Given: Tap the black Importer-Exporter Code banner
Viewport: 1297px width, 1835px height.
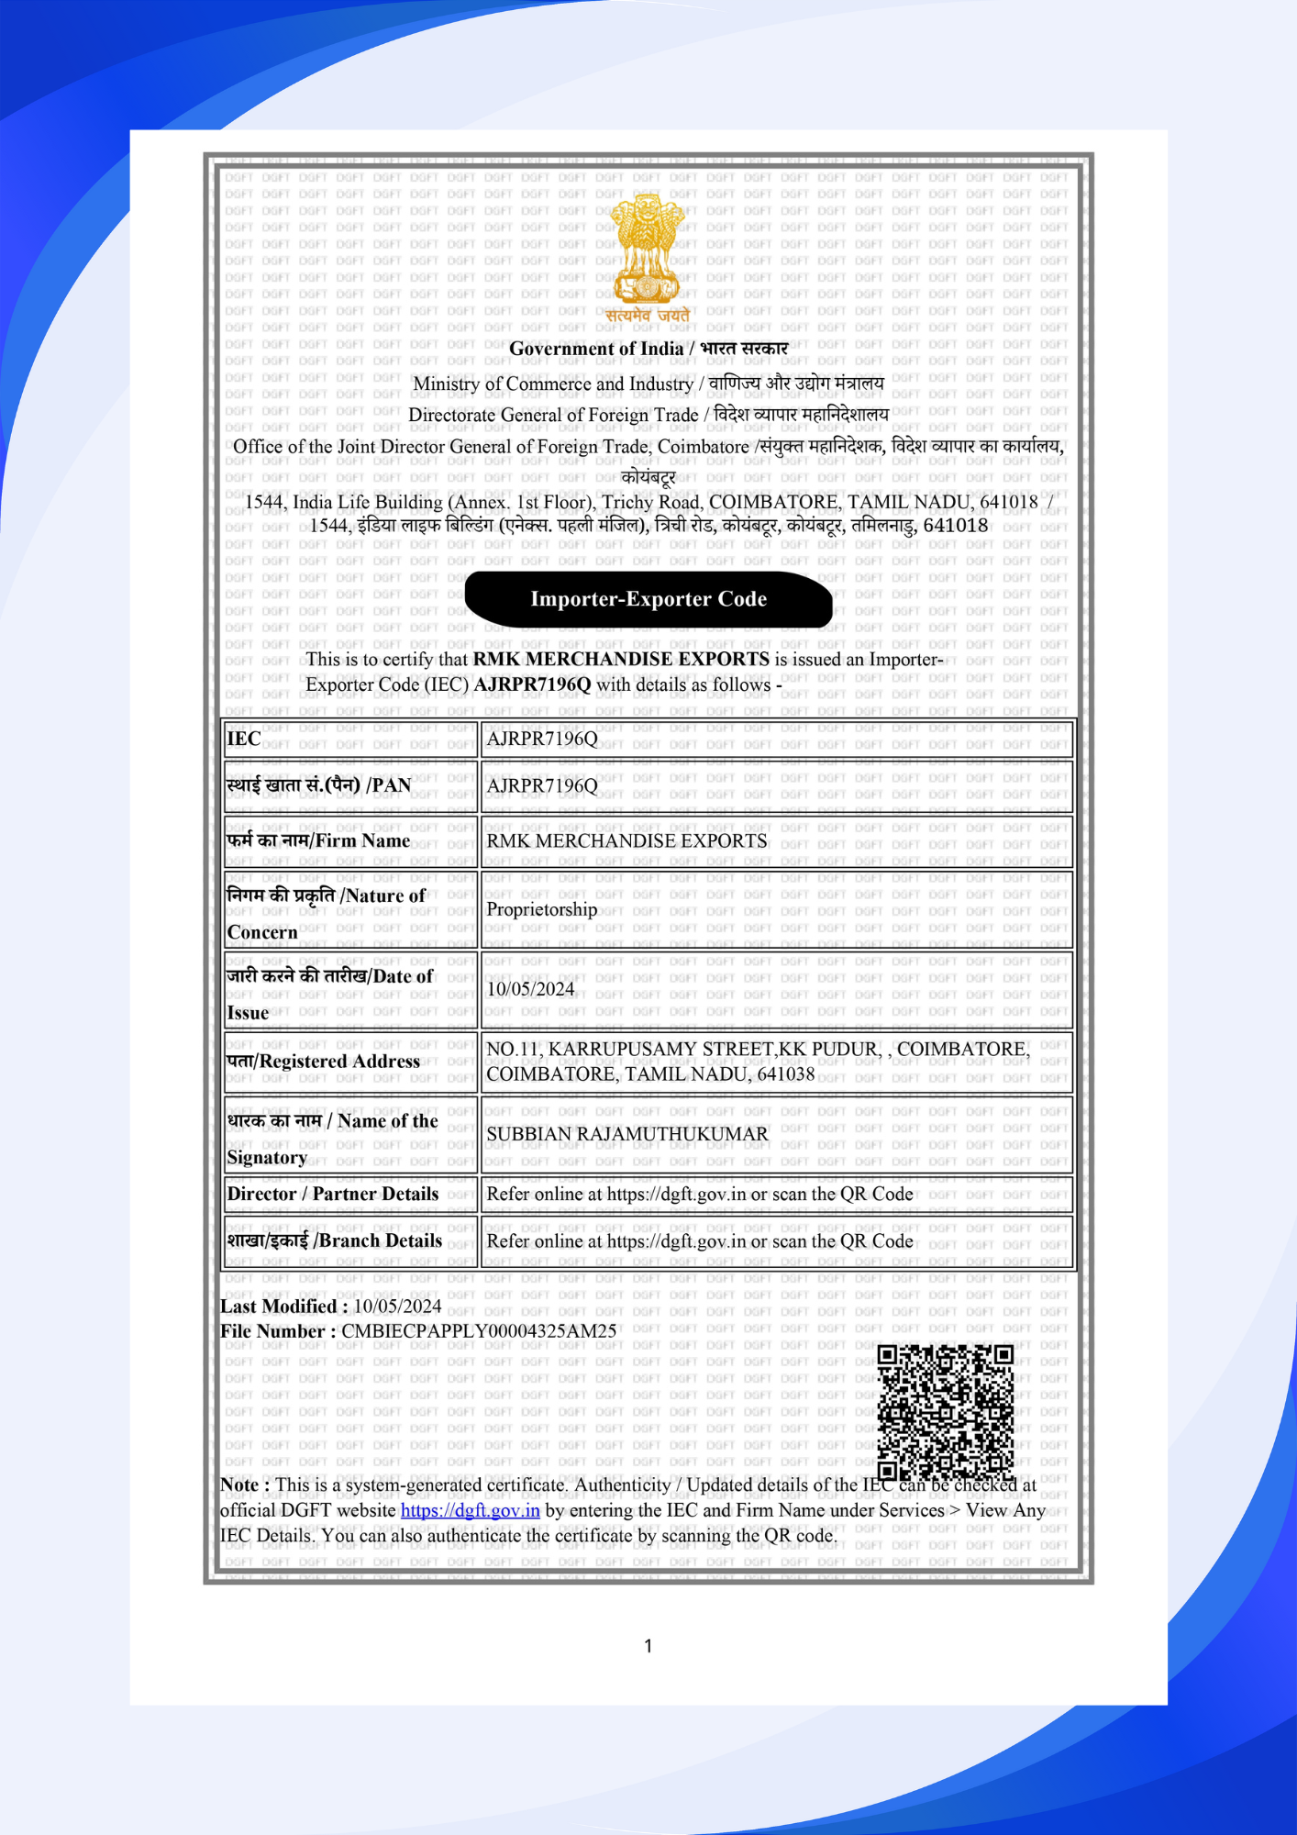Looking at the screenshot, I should coord(648,599).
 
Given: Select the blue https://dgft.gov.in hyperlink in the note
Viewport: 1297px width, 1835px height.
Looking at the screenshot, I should coord(470,1510).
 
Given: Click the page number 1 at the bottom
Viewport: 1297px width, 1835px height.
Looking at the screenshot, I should coord(648,1646).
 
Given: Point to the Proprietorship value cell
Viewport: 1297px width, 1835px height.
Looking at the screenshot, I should coord(541,909).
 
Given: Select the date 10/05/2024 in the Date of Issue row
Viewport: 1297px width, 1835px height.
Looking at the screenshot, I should coord(530,989).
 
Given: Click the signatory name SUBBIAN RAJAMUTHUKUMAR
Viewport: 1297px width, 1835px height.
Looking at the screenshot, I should coord(627,1135).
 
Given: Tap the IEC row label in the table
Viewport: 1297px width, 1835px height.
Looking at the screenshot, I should coord(244,739).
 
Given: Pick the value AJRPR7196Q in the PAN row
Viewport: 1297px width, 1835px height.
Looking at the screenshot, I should coord(542,786).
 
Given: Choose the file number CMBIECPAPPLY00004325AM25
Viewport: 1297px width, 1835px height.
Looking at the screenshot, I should coord(479,1331).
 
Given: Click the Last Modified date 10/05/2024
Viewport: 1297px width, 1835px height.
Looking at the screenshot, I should coord(397,1307).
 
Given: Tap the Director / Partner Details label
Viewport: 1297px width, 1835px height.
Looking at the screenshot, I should coord(333,1195).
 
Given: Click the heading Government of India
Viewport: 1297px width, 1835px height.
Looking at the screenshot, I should coord(596,349).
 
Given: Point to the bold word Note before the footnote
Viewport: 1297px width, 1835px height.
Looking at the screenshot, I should coord(240,1485).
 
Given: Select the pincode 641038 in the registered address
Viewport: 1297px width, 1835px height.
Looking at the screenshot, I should coord(785,1074).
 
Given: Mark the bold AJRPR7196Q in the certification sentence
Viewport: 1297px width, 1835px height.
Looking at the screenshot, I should coord(533,685).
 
